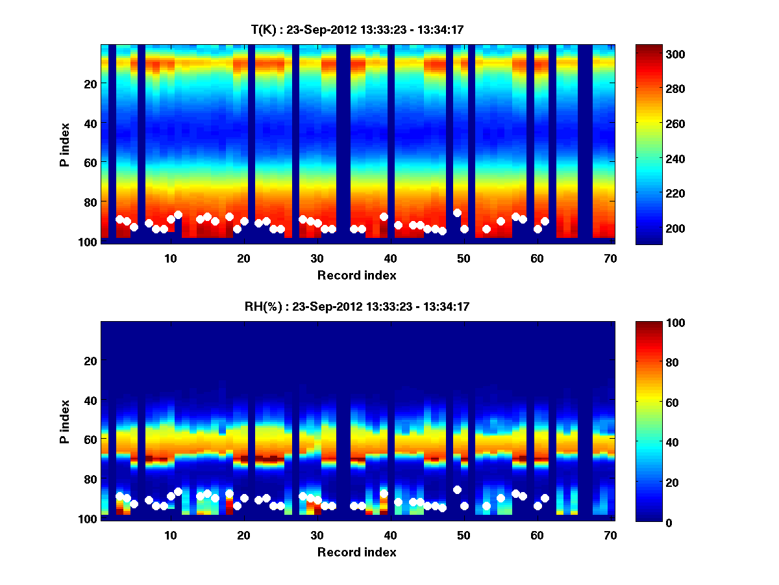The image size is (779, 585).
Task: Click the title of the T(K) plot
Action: point(357,29)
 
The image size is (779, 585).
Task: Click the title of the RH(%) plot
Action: point(357,306)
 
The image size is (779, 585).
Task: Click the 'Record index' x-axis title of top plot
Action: point(357,275)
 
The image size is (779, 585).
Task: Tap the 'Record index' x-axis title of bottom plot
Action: point(357,552)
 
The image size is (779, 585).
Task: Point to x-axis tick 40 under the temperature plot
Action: point(390,258)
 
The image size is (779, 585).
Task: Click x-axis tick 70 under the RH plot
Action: point(610,535)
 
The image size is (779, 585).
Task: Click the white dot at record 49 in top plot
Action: point(457,213)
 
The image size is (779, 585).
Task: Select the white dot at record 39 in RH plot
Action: point(384,493)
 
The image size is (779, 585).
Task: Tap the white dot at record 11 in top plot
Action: point(178,214)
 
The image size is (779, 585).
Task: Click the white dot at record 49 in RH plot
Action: point(457,489)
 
